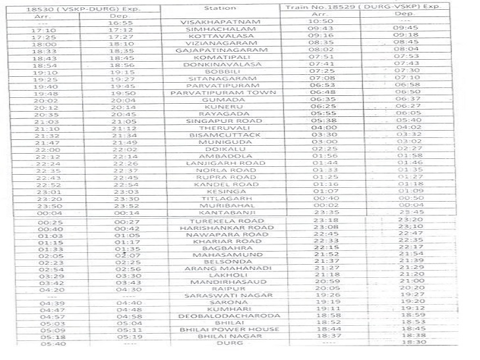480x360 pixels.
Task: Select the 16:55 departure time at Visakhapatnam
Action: click(121, 22)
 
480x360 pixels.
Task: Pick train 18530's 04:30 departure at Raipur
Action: click(121, 289)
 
